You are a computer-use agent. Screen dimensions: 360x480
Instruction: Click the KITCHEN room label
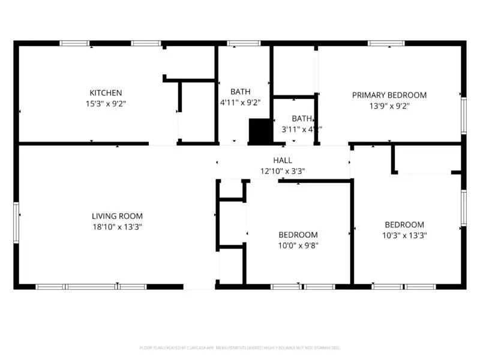pyautogui.click(x=106, y=93)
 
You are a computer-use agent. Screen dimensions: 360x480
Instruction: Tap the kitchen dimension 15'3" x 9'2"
pyautogui.click(x=106, y=103)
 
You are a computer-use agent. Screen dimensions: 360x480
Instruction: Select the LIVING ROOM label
pyautogui.click(x=117, y=216)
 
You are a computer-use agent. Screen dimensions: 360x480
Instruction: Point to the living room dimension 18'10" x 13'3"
pyautogui.click(x=117, y=227)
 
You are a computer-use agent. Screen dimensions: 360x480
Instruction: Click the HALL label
pyautogui.click(x=283, y=160)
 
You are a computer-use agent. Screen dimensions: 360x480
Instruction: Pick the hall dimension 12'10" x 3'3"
pyautogui.click(x=283, y=171)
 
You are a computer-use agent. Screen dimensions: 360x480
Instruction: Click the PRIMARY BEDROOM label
pyautogui.click(x=389, y=95)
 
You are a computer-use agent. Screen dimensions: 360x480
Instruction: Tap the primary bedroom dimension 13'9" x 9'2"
pyautogui.click(x=389, y=106)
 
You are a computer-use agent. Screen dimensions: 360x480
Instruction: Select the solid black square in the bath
pyautogui.click(x=260, y=131)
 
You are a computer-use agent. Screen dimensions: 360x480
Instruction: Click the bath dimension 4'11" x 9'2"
pyautogui.click(x=241, y=103)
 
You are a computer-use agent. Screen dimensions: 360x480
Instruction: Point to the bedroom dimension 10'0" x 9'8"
pyautogui.click(x=298, y=245)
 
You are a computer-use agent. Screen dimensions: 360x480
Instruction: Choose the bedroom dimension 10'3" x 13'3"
pyautogui.click(x=404, y=235)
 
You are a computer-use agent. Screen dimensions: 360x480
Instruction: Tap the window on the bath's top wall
pyautogui.click(x=244, y=43)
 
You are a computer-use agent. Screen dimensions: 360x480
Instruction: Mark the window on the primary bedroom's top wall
pyautogui.click(x=386, y=43)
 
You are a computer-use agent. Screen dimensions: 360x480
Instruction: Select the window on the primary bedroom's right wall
pyautogui.click(x=463, y=116)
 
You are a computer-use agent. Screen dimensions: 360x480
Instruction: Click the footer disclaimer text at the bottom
pyautogui.click(x=240, y=347)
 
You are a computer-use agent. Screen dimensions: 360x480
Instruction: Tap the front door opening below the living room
pyautogui.click(x=199, y=287)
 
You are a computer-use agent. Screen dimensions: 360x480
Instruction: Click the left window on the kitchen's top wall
pyautogui.click(x=74, y=43)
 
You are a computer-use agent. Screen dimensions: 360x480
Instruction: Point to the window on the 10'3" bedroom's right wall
pyautogui.click(x=463, y=208)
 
